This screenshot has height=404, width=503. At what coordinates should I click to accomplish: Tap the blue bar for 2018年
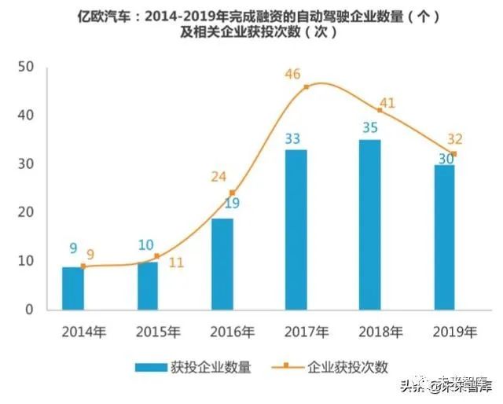(x=369, y=224)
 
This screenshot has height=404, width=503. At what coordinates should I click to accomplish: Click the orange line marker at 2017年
(x=306, y=86)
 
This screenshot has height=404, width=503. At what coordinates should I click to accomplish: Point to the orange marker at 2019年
(x=453, y=153)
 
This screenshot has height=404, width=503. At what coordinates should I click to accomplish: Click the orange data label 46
(x=293, y=75)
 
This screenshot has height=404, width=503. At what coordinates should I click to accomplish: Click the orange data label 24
(x=218, y=176)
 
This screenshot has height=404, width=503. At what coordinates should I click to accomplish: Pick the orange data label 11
(x=176, y=263)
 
